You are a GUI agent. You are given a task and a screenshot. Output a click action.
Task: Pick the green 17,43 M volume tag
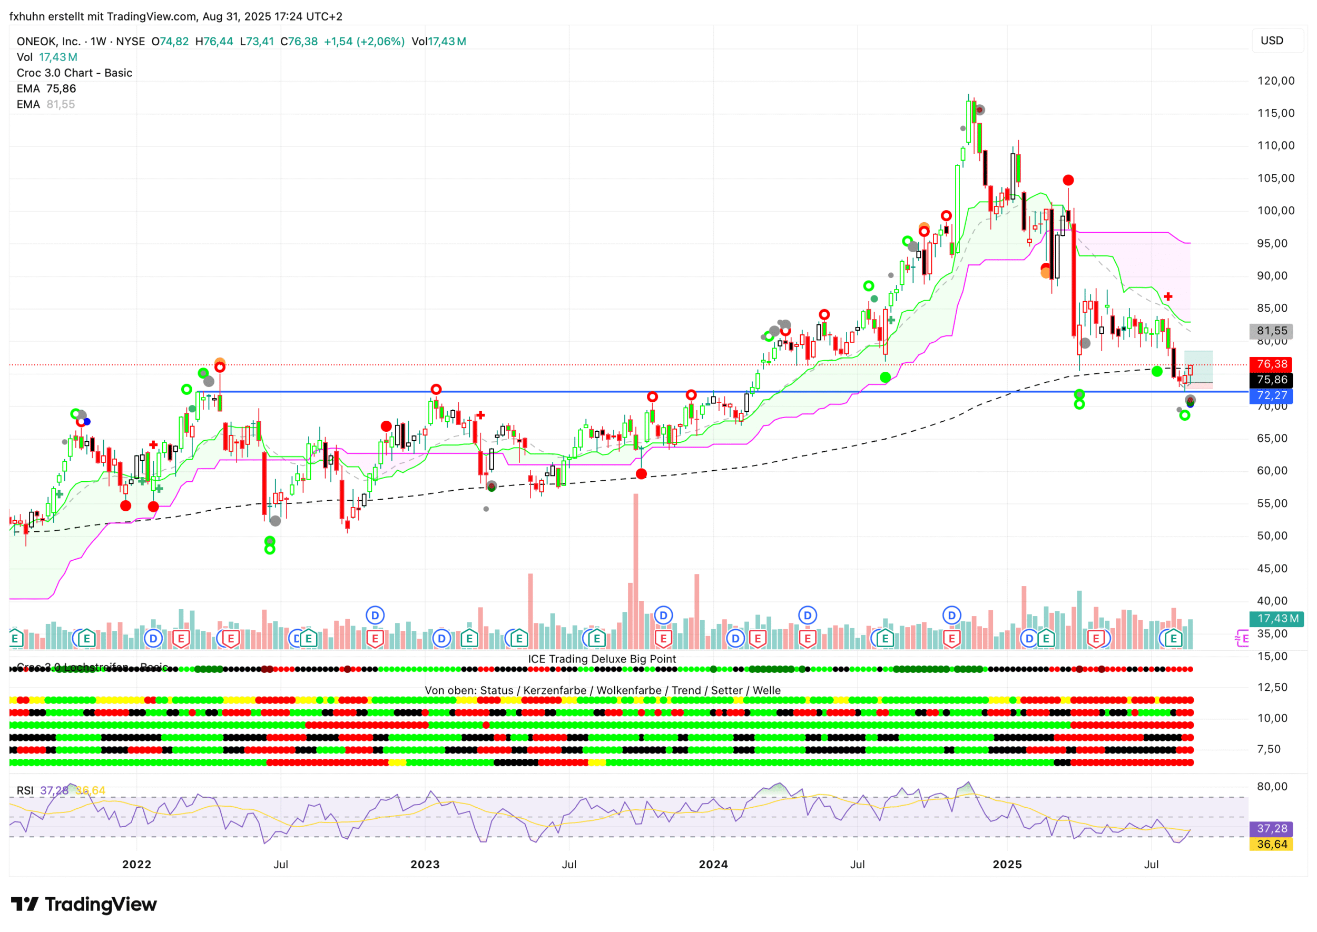pyautogui.click(x=1277, y=619)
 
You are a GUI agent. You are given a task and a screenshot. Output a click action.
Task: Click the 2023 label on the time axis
pyautogui.click(x=424, y=864)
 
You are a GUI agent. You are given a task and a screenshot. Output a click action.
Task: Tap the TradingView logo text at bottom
pyautogui.click(x=84, y=905)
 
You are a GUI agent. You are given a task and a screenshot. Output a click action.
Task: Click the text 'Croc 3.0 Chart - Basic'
pyautogui.click(x=75, y=73)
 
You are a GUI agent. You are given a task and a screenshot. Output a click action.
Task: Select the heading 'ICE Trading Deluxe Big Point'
pyautogui.click(x=602, y=659)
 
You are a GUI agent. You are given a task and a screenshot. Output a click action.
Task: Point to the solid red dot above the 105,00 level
pyautogui.click(x=1068, y=180)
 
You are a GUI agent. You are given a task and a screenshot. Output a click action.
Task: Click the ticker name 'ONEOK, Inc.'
pyautogui.click(x=48, y=41)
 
